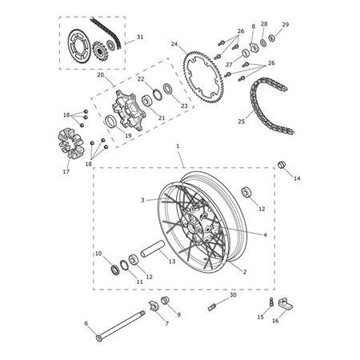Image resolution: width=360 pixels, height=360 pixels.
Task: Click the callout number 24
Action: click(174, 45)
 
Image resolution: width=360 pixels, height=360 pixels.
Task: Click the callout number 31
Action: click(140, 37)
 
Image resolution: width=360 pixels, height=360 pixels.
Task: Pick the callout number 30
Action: click(233, 295)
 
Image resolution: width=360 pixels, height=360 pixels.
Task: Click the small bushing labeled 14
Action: click(282, 165)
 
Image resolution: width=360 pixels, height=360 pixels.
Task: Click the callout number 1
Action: click(178, 149)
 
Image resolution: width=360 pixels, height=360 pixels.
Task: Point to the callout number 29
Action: click(285, 25)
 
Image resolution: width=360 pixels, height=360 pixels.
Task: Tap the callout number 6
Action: click(86, 323)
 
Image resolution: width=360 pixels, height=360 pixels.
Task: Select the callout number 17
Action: click(66, 170)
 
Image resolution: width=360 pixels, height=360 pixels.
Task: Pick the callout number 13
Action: click(172, 261)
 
